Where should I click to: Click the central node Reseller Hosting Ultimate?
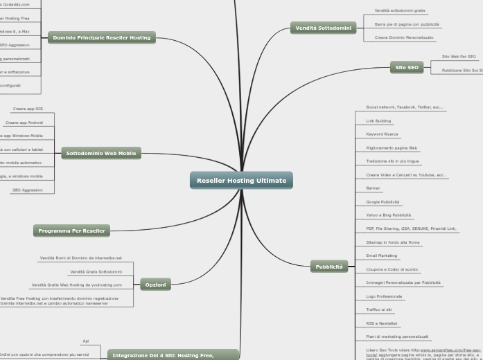(x=241, y=181)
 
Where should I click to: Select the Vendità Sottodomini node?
(x=323, y=28)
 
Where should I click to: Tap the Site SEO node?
(x=407, y=67)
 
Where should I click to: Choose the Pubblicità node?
(x=329, y=267)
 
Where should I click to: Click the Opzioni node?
(x=155, y=285)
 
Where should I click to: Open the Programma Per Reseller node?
(x=71, y=231)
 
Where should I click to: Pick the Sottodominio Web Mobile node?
(x=101, y=153)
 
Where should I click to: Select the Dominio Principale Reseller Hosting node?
(x=102, y=37)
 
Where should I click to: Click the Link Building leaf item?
(x=378, y=120)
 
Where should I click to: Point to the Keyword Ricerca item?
(x=382, y=134)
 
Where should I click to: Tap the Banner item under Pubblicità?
(x=373, y=188)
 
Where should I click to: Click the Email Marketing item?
(x=381, y=255)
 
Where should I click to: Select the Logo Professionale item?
(x=384, y=296)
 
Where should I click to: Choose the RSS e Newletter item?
(x=382, y=323)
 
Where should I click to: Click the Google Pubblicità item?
(x=383, y=201)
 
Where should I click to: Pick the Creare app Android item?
(x=24, y=123)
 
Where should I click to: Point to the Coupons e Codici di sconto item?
(x=392, y=269)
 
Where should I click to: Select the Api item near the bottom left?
(x=85, y=341)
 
